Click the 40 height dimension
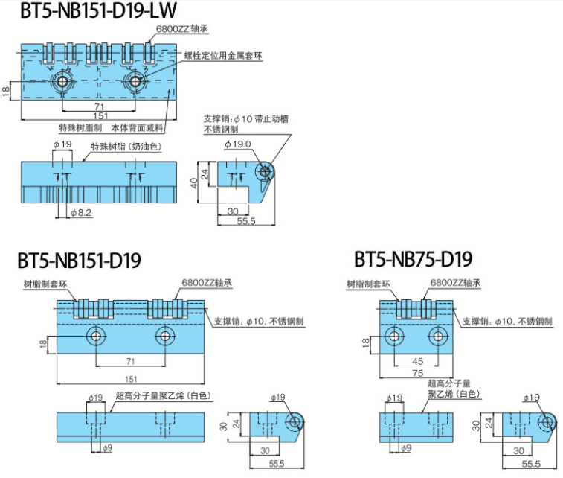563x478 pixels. click(194, 183)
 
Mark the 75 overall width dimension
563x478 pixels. click(418, 374)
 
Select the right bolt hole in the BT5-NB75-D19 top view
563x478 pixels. click(439, 337)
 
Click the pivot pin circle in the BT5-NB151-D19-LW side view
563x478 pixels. click(264, 171)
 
